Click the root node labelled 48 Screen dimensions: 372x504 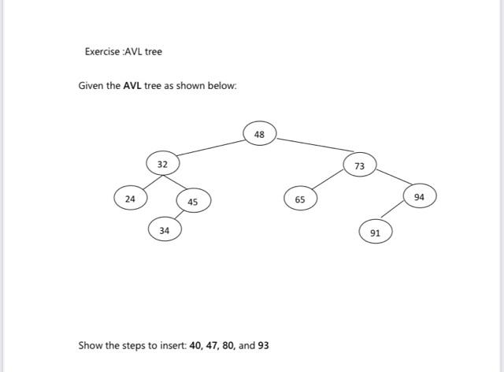tap(260, 135)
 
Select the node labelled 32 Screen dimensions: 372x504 tap(162, 165)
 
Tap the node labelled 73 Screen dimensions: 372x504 tap(360, 166)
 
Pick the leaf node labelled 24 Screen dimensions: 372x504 tap(130, 199)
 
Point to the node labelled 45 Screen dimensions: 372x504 tap(193, 203)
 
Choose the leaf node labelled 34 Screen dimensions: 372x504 tap(164, 231)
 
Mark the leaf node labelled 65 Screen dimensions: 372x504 tap(300, 200)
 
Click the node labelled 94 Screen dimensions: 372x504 tap(419, 197)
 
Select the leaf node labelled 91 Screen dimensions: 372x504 tap(375, 233)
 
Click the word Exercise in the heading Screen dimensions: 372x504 tap(102, 52)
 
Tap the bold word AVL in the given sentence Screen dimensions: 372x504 tap(132, 85)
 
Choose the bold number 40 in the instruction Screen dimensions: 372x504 tap(196, 345)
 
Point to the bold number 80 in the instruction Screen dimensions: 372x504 tap(231, 345)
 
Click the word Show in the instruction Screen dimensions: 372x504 tap(90, 345)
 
